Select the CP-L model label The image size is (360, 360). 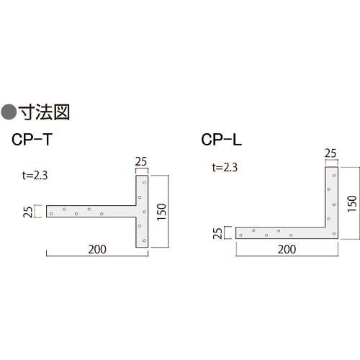[x=220, y=142]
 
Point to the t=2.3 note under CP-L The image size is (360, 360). [x=225, y=168]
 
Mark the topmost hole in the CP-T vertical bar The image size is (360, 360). [x=144, y=183]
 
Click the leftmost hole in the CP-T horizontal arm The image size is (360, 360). [x=52, y=213]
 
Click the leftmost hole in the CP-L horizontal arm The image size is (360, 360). [x=241, y=234]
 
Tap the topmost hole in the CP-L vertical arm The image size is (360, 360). [x=333, y=175]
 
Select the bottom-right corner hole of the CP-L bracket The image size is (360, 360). [x=333, y=233]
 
